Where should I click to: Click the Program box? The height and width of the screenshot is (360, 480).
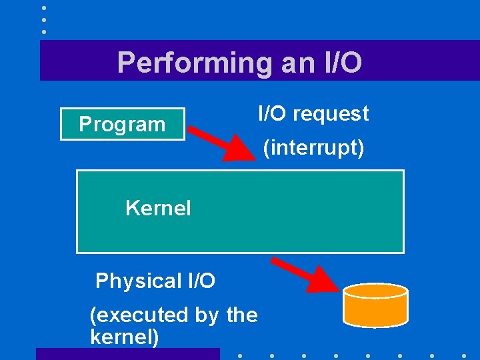click(123, 124)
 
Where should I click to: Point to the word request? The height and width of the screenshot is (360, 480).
click(331, 114)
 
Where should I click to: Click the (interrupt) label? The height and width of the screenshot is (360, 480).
click(313, 148)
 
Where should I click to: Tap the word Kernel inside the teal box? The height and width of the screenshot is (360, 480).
click(158, 209)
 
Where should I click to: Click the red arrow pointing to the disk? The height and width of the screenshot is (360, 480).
click(307, 274)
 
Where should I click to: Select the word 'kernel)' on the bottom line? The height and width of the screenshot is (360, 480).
click(125, 337)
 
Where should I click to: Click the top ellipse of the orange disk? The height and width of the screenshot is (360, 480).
click(375, 291)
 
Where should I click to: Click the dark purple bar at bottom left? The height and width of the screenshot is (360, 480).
click(127, 354)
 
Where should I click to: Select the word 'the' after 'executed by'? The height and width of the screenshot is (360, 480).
click(242, 315)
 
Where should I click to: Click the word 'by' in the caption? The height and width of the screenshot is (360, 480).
click(207, 315)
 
